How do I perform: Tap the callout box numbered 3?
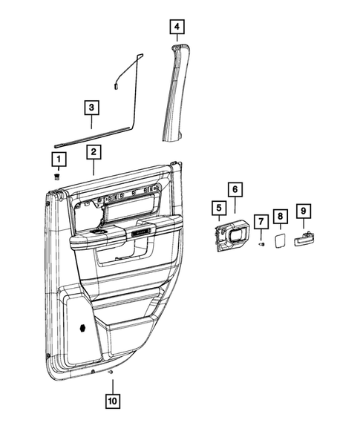[x=91, y=108]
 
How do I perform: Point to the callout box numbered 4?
[x=176, y=27]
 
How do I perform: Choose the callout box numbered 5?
[x=218, y=209]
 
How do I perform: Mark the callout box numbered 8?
[x=280, y=216]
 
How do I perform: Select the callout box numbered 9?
[x=303, y=211]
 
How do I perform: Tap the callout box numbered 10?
[x=111, y=404]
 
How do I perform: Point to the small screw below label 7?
[x=261, y=244]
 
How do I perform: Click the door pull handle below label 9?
[x=304, y=239]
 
